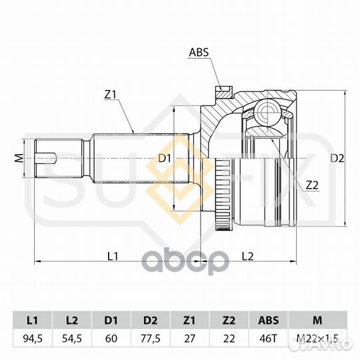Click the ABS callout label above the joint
(x=199, y=52)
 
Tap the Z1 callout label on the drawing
(x=111, y=95)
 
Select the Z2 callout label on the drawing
(x=312, y=185)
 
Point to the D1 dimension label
(x=165, y=159)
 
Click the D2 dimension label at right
(x=337, y=159)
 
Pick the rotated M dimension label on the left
(x=19, y=158)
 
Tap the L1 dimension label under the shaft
(x=113, y=256)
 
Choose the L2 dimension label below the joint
(x=247, y=256)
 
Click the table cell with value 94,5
(x=33, y=339)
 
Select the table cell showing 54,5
(x=72, y=339)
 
